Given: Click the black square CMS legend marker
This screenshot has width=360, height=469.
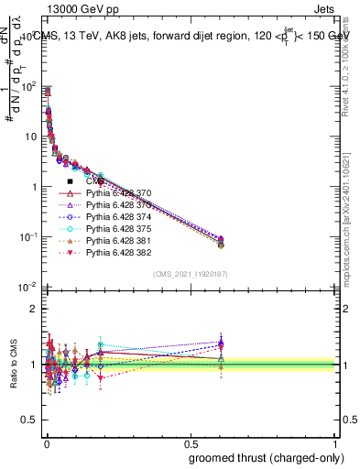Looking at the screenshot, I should coord(70,181).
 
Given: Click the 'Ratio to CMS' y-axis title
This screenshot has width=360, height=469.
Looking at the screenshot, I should coord(12,365).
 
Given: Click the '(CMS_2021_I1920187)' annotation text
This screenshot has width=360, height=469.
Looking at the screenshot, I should coord(191,274).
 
